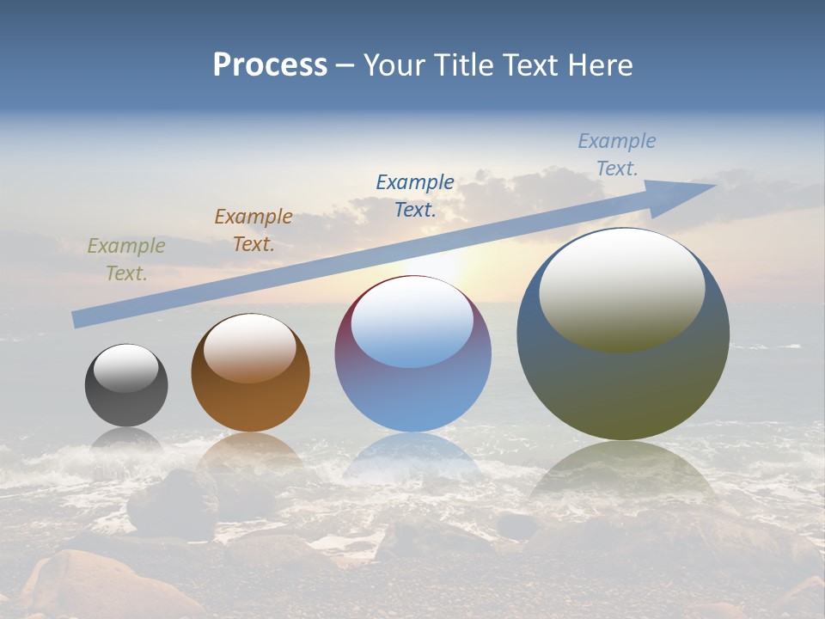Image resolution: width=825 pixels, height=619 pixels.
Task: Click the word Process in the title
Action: [x=270, y=65]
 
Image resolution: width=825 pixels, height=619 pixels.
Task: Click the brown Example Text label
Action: [x=254, y=230]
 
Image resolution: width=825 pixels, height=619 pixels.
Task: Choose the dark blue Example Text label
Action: [x=415, y=195]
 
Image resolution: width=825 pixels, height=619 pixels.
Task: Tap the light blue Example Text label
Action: [x=617, y=155]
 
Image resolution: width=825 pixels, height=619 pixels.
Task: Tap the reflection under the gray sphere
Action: [x=126, y=440]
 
